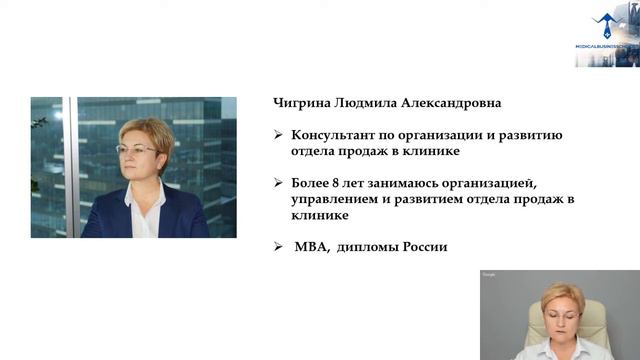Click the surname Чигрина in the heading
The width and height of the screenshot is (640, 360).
click(298, 103)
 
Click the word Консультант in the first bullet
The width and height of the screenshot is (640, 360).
click(331, 135)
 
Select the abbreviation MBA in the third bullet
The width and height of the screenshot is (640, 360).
click(310, 246)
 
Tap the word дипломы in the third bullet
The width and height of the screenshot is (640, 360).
click(368, 246)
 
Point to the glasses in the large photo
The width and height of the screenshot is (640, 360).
click(137, 150)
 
